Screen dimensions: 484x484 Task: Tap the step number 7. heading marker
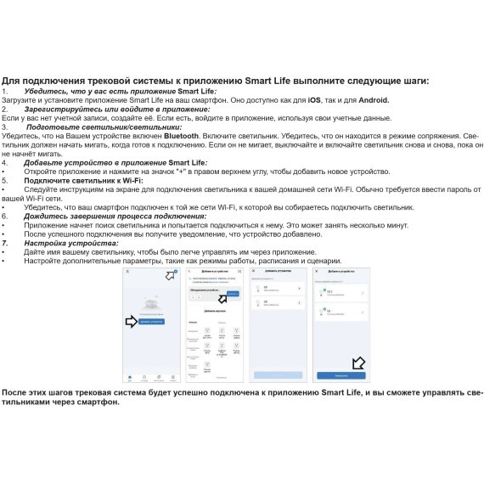click(8, 243)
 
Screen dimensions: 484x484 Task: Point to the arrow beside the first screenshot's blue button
click(131, 321)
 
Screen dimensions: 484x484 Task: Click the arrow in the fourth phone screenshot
click(357, 363)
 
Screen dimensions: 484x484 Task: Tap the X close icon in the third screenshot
click(253, 271)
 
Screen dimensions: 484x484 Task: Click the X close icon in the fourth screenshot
click(318, 271)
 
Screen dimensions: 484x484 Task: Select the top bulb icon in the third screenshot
click(259, 289)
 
